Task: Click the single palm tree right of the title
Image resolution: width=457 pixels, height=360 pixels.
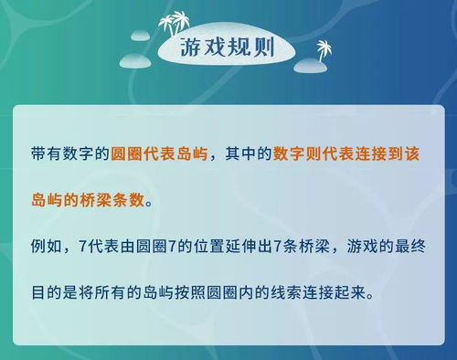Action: pyautogui.click(x=323, y=50)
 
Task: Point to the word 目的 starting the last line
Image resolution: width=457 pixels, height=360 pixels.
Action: pyautogui.click(x=43, y=295)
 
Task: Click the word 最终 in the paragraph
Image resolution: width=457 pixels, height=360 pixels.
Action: pyautogui.click(x=409, y=247)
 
